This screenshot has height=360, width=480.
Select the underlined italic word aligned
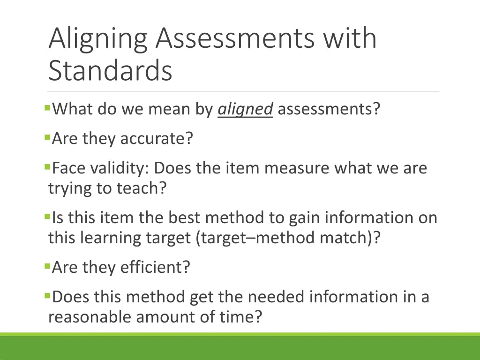point(245,110)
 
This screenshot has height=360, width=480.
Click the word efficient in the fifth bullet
point(155,268)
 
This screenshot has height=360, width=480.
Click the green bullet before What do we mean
point(47,108)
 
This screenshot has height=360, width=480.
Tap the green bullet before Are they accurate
point(47,137)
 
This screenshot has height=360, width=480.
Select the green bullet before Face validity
point(47,166)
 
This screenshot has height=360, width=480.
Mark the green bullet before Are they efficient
point(47,266)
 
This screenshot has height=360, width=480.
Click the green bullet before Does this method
point(47,295)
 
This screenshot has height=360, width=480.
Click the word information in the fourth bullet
point(361,218)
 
